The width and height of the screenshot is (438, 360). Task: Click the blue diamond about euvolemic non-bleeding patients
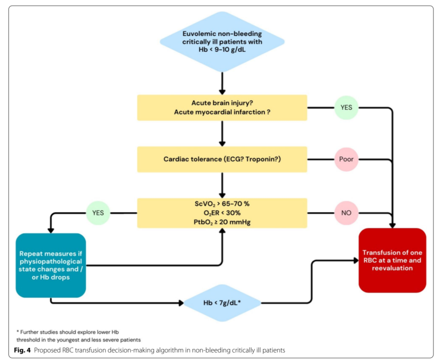coord(222,42)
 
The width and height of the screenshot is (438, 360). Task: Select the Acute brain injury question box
coord(222,108)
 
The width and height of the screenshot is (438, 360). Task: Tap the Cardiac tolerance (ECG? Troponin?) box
coord(222,159)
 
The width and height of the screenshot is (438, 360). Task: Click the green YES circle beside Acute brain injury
coord(347,108)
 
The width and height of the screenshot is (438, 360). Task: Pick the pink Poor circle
coord(347,159)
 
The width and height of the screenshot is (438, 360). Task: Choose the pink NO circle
coord(347,213)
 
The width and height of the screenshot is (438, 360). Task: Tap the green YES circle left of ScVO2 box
coord(98,213)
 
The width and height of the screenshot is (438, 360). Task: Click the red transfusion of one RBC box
coord(393,260)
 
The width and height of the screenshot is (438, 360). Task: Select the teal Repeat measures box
coord(51,266)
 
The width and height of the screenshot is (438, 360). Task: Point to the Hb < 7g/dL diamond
coord(222,303)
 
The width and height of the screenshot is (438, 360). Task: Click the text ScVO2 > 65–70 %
coord(222,204)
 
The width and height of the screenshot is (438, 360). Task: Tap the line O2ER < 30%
coord(222,213)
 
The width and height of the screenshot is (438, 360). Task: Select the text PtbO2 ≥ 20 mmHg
coord(222,222)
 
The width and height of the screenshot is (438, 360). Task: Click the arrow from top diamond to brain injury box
coord(222,83)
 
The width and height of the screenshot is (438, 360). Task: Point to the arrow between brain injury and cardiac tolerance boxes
coord(222,134)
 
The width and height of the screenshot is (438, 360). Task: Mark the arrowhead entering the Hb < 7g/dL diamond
coord(181,303)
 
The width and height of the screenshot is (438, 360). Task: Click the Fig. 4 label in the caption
coord(22,350)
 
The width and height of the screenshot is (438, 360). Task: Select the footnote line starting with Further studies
coord(68,332)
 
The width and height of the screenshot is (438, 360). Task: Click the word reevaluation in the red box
coord(393,268)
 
